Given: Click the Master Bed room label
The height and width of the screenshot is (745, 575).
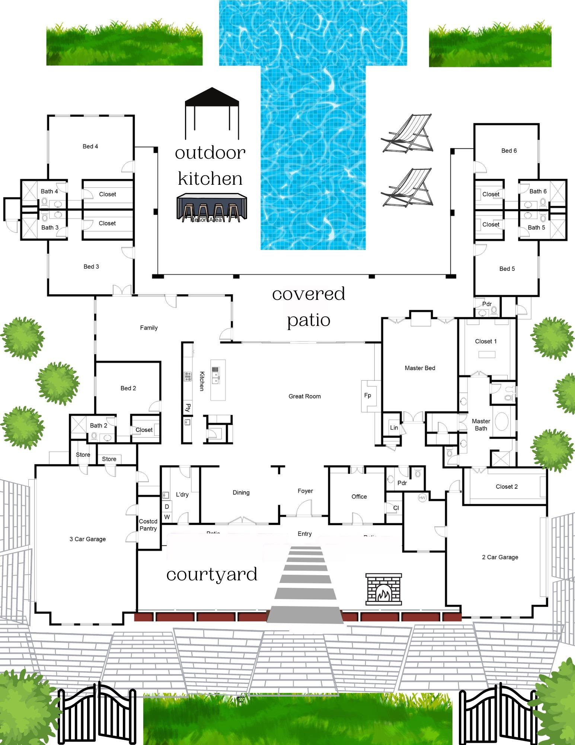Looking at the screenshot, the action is tap(420, 368).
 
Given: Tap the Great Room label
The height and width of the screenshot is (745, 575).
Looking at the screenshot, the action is tap(304, 396).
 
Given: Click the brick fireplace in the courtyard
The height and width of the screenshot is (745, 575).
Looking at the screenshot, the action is tap(383, 589).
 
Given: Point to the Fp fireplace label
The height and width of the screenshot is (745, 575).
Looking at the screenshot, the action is tap(368, 396).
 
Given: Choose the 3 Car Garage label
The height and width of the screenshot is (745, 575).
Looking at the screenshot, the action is tap(87, 539).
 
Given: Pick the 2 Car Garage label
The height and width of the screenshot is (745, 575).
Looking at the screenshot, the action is tap(500, 557).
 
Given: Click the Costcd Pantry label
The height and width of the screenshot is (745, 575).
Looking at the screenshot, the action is tap(148, 525).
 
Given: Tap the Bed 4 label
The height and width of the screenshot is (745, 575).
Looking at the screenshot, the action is tap(90, 146).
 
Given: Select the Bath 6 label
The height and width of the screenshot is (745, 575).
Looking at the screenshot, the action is tap(538, 191).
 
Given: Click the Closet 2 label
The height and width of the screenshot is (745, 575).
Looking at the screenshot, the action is tap(507, 486).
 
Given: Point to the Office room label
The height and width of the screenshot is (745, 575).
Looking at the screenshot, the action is tap(359, 497).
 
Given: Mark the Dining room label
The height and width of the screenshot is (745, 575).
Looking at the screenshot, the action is tap(241, 492).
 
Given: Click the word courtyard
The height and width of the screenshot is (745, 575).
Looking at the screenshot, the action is tap(212, 574).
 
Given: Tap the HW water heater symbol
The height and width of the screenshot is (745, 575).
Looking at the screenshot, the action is tap(422, 498).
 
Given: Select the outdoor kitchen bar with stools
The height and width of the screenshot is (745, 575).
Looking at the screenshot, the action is tap(211, 207).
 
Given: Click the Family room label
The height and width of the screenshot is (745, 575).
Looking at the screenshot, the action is tap(149, 328).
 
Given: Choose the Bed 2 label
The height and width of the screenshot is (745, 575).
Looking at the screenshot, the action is tap(128, 388).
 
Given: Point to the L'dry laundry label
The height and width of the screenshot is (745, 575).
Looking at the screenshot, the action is tap(182, 495).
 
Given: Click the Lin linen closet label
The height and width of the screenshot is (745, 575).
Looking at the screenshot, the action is tap(394, 428).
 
